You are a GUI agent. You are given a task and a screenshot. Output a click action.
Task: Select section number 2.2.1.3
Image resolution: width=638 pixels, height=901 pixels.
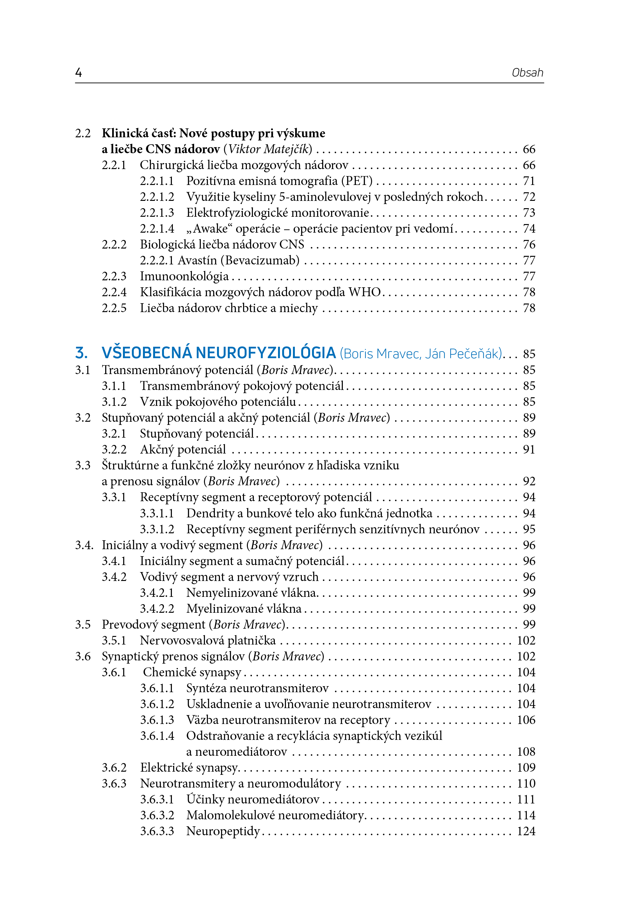tap(157, 213)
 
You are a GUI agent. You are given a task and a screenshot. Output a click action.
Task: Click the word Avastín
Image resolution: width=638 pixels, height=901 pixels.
tap(197, 260)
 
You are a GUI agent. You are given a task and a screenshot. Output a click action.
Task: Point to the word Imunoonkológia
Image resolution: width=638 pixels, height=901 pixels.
tap(184, 276)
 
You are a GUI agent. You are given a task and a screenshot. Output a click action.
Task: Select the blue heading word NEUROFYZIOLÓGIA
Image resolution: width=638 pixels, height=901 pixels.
tap(266, 353)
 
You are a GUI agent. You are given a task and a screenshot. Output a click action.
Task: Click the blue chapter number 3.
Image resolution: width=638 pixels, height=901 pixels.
tap(81, 353)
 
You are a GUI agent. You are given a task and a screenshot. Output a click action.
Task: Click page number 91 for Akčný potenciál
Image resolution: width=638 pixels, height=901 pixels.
tap(529, 449)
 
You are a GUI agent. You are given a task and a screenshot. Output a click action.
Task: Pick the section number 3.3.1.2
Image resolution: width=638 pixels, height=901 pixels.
tap(157, 529)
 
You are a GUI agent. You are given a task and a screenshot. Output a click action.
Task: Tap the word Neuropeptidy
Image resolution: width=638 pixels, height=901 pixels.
tap(223, 831)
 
